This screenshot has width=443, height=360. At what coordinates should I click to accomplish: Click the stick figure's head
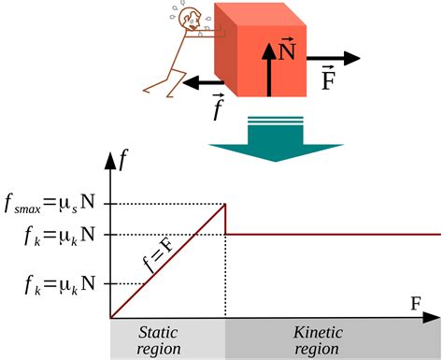(x=188, y=19)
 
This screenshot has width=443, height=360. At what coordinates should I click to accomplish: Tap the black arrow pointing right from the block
(x=333, y=58)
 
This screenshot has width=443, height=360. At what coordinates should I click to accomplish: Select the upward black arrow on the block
(x=269, y=69)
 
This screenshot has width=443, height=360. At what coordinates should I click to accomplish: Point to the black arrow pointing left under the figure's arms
(x=203, y=82)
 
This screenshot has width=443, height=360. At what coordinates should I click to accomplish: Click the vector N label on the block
(x=287, y=49)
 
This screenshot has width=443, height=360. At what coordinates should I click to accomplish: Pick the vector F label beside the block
(x=328, y=78)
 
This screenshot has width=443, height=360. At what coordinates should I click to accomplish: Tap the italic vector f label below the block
(x=218, y=107)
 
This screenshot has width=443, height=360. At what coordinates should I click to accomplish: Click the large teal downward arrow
(x=276, y=138)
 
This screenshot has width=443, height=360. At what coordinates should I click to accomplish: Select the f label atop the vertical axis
(x=123, y=160)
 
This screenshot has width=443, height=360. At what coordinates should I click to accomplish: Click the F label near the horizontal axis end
(x=416, y=303)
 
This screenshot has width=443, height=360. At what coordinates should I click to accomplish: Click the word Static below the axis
(x=158, y=333)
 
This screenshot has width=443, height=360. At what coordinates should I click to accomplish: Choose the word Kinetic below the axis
(x=318, y=333)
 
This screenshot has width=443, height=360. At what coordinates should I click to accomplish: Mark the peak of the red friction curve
(x=225, y=204)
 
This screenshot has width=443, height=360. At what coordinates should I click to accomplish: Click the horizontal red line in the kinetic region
(x=333, y=234)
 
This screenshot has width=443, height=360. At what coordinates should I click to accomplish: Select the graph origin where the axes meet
(x=110, y=318)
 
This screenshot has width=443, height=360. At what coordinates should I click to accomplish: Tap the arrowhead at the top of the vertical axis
(x=110, y=161)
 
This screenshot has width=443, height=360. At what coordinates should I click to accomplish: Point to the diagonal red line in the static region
(x=168, y=261)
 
